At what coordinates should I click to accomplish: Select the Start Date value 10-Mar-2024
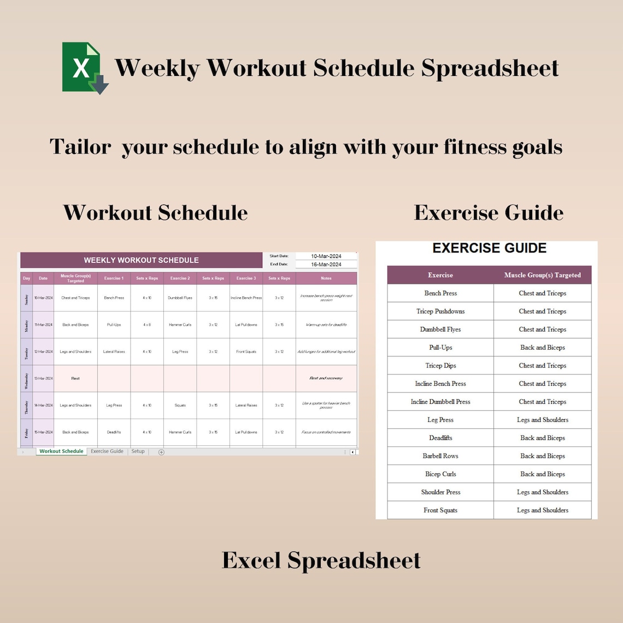[326, 256]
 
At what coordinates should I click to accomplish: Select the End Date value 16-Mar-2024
[326, 265]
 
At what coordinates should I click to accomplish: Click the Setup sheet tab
[138, 451]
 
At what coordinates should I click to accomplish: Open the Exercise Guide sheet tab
[107, 451]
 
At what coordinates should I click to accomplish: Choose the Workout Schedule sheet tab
[61, 451]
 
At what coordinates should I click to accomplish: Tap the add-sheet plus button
[161, 452]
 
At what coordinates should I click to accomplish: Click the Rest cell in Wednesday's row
[75, 378]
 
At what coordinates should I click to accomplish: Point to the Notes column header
[326, 278]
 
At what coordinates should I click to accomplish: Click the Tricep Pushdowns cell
[440, 311]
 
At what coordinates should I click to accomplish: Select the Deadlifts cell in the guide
[440, 438]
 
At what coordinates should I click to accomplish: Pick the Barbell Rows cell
[440, 456]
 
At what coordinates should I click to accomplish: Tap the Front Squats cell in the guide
[440, 510]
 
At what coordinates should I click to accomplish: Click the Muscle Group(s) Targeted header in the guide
[542, 275]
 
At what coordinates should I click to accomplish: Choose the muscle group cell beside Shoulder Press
[542, 492]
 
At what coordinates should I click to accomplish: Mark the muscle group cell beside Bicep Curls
[542, 474]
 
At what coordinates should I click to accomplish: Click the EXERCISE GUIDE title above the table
[489, 248]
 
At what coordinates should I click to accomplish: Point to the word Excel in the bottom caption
[251, 560]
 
